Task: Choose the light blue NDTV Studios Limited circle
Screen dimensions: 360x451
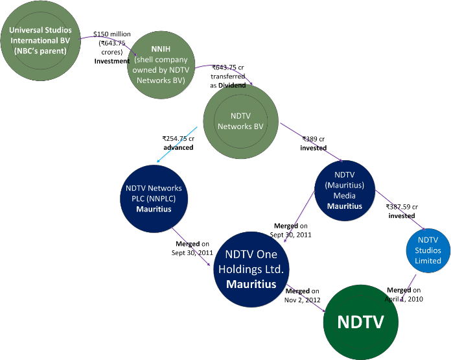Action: [428, 251]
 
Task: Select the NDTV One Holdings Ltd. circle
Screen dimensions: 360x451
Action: [251, 269]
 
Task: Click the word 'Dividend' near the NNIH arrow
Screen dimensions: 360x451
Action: [233, 84]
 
